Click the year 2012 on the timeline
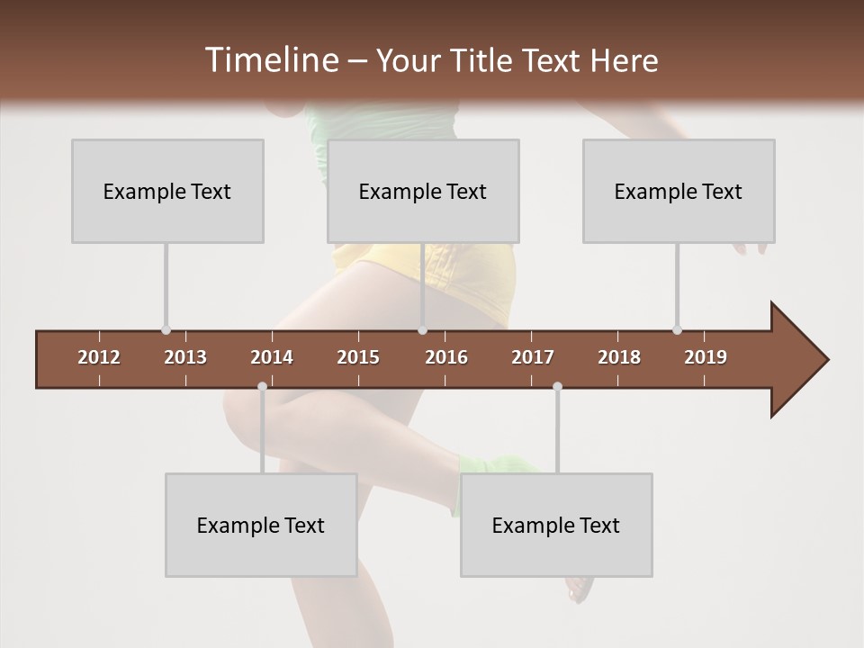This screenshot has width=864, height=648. (99, 357)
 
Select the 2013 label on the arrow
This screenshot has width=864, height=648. (185, 357)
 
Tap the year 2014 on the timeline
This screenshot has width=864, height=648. (272, 357)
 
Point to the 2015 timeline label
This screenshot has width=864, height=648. (358, 357)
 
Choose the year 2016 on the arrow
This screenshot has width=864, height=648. (446, 357)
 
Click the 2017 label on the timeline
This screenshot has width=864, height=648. (533, 357)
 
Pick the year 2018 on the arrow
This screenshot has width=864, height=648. (619, 357)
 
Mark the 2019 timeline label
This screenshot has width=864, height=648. (706, 357)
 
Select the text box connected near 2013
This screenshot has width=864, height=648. (167, 191)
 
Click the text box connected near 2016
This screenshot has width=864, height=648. (423, 191)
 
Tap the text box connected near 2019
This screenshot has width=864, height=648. (679, 191)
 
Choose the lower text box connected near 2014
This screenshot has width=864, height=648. (261, 525)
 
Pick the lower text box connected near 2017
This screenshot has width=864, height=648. (556, 525)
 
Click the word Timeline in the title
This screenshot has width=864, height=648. (269, 60)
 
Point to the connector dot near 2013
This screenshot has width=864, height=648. (166, 330)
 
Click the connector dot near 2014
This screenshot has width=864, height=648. (262, 386)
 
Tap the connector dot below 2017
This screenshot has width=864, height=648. (557, 386)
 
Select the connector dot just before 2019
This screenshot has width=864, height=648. (677, 330)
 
